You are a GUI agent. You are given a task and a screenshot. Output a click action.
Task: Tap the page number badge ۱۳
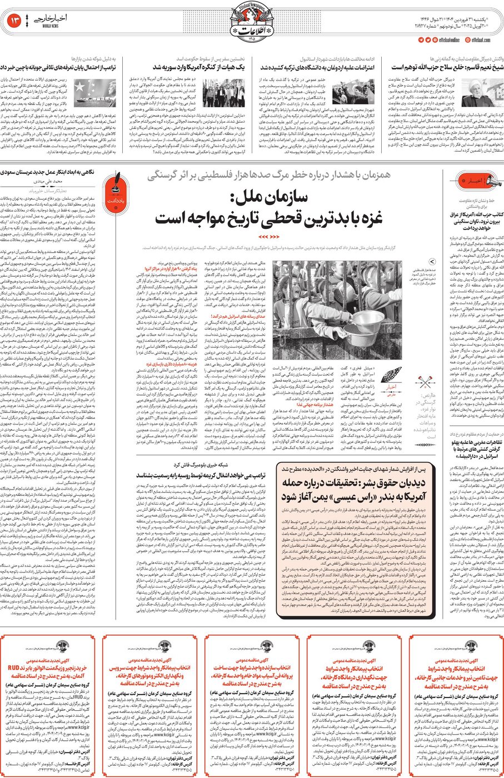pyautogui.click(x=16, y=21)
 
